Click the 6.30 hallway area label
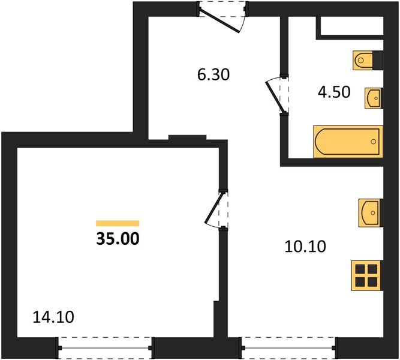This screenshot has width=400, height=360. (213, 75)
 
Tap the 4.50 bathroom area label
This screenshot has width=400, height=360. (334, 92)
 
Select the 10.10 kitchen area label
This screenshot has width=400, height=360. (305, 247)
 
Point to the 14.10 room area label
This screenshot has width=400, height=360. (53, 317)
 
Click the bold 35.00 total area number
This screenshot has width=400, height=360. (118, 239)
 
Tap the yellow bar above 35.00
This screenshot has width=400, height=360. (118, 223)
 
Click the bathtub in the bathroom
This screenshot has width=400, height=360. (348, 141)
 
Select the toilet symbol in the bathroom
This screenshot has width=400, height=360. (363, 60)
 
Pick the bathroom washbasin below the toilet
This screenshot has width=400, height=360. (374, 98)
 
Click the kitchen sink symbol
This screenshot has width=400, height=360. (371, 213)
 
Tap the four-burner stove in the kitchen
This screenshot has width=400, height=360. (367, 275)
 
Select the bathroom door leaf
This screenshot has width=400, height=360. (275, 97)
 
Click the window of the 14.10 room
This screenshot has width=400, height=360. (105, 348)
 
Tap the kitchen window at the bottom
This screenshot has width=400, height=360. (288, 348)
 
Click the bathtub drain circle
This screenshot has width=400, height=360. (374, 142)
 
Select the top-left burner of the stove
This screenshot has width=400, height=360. (360, 269)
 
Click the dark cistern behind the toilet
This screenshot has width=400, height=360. (378, 60)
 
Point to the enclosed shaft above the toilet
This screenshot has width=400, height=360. (352, 26)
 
